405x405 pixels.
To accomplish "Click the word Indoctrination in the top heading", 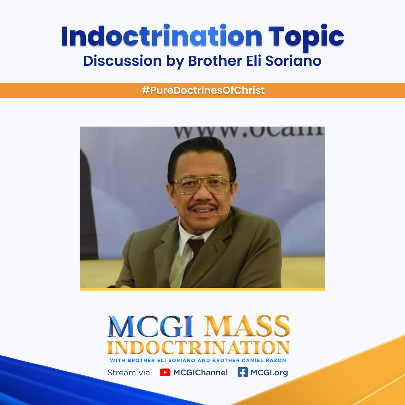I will point(161,36).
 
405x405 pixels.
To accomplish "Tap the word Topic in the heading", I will point(306,36).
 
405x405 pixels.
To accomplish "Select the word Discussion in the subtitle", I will point(123,61).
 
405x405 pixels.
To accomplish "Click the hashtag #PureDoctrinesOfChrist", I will point(203,90).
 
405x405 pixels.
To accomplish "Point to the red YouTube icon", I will point(165,372).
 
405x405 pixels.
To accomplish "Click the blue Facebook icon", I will point(242,372).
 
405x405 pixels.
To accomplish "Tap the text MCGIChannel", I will point(200,373).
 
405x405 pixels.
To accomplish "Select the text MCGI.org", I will point(269,373).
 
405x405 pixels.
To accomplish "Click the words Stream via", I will point(128,373).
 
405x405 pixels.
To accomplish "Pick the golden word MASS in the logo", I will point(247,326).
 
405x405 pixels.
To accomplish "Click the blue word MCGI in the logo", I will point(151,326).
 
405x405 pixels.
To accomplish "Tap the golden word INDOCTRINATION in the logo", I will point(198,347).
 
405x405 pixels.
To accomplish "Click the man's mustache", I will point(202,206).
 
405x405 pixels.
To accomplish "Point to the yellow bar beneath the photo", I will point(202,289).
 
